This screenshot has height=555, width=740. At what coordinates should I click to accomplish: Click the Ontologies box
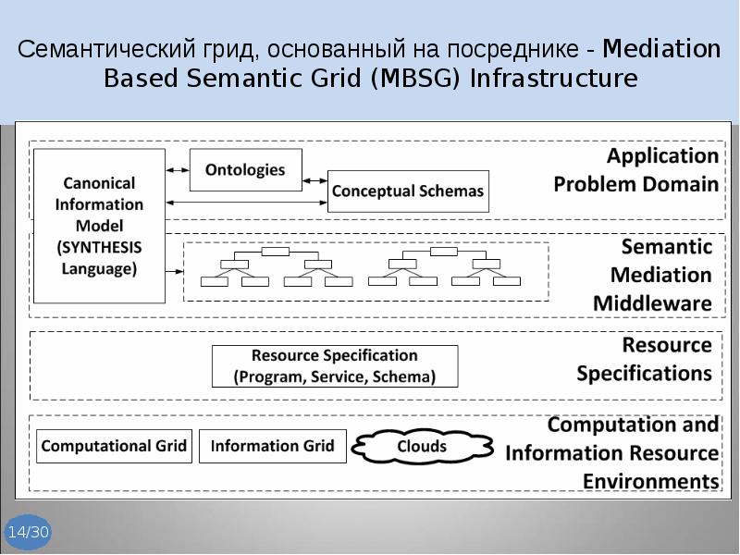click(244, 170)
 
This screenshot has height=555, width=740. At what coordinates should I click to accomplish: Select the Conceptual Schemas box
click(407, 191)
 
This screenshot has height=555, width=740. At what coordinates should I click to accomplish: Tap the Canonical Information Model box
click(99, 226)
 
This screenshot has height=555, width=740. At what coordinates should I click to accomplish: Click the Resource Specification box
click(335, 366)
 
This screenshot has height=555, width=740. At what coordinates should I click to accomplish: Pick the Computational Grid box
click(114, 447)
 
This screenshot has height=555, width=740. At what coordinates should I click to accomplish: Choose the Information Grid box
click(273, 447)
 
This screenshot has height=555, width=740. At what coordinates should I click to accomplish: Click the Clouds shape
click(422, 448)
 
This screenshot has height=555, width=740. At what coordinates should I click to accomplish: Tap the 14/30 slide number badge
click(28, 533)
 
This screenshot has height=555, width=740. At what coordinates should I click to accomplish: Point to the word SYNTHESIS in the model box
click(99, 248)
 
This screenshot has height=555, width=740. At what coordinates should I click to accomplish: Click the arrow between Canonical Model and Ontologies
click(178, 170)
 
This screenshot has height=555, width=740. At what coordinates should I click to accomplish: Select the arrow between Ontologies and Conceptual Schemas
click(314, 180)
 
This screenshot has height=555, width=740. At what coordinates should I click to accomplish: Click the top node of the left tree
click(276, 251)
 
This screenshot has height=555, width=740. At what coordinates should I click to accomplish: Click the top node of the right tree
click(444, 251)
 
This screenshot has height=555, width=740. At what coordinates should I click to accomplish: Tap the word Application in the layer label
click(662, 155)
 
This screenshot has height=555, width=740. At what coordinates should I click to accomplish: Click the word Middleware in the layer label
click(652, 303)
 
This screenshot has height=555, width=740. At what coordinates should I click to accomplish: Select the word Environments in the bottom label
click(650, 481)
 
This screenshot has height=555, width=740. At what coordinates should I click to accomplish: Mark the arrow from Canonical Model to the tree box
click(175, 271)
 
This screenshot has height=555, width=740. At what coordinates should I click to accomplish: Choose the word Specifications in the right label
click(644, 374)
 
